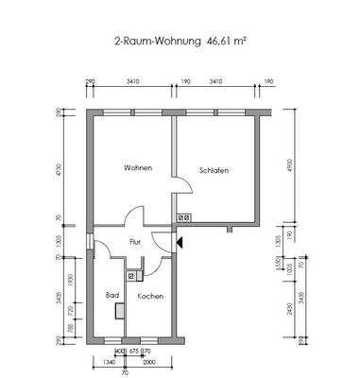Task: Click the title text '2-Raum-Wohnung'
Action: tap(159, 43)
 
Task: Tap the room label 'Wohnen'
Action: tap(137, 167)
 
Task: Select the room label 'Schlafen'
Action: tap(214, 170)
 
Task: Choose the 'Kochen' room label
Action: tap(150, 296)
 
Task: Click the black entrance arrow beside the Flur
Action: tap(179, 242)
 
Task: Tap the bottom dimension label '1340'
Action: tap(109, 361)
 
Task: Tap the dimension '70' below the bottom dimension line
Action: tap(124, 371)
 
